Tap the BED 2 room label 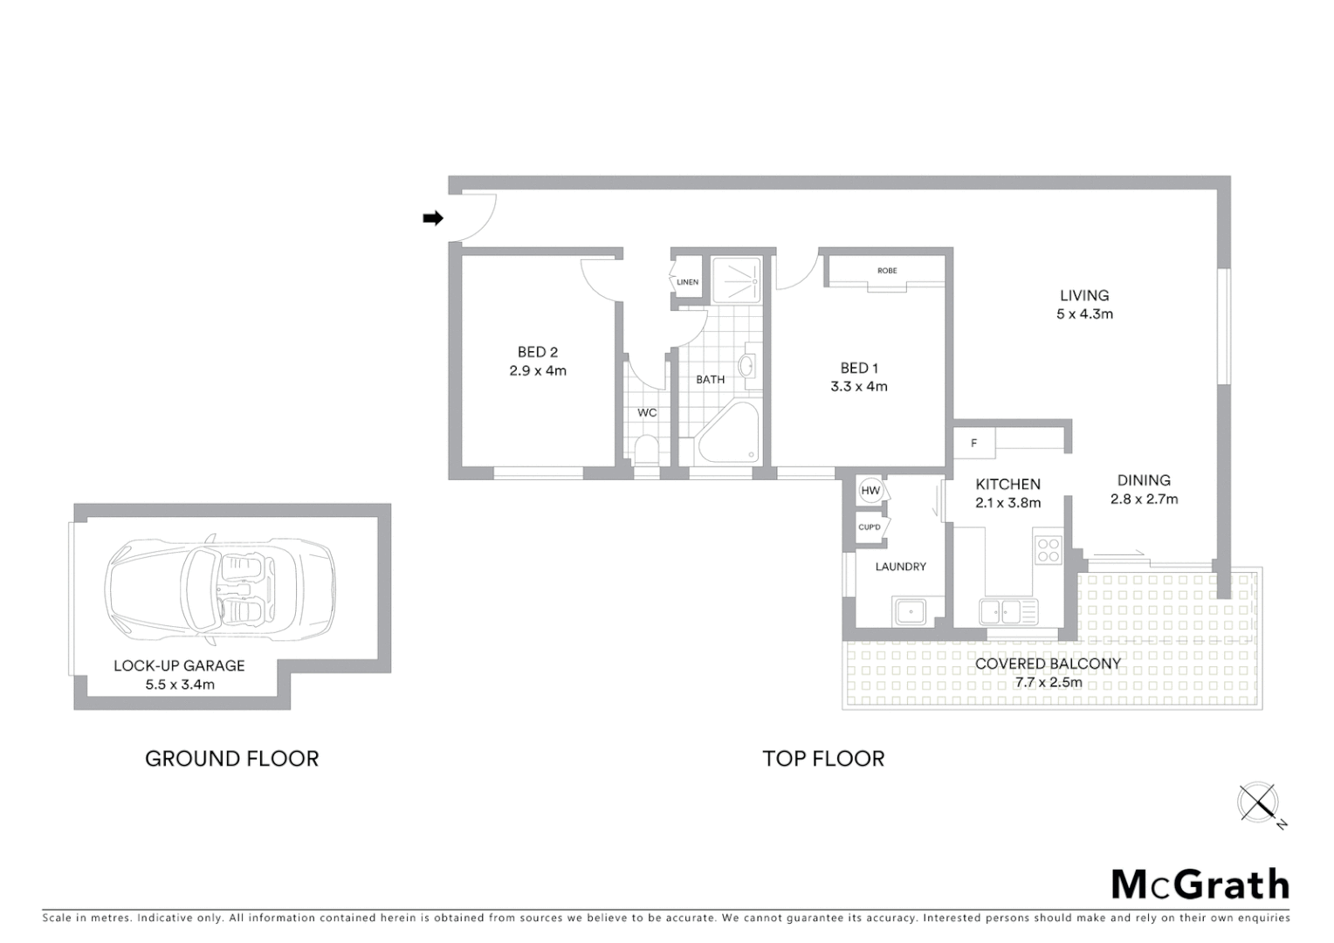coord(537,352)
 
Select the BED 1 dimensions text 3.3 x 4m coord(859,387)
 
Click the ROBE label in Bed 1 coord(887,271)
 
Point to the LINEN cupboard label coord(687,282)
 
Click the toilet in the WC coord(646,451)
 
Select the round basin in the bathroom coord(748,365)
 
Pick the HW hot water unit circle coord(870,491)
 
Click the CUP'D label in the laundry coord(870,527)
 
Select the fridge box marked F coord(974,444)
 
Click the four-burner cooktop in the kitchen coord(1048,549)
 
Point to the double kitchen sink coord(1007,611)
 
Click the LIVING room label coord(1084,296)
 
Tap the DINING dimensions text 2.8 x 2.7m coord(1144,499)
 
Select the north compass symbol coord(1258,802)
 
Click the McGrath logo coord(1200,885)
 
